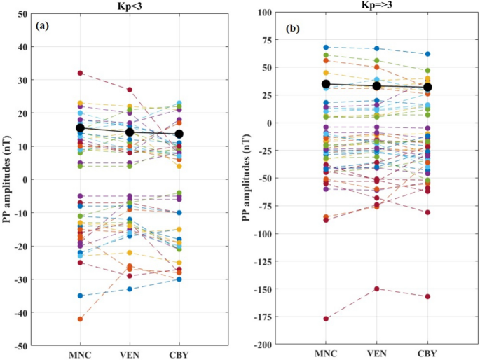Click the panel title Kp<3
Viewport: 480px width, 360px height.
tap(130, 6)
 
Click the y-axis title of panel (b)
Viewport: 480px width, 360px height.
tap(249, 179)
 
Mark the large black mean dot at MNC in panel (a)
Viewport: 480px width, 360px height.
tap(81, 128)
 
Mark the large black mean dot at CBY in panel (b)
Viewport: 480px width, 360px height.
tap(427, 88)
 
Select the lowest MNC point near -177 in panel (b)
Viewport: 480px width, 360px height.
tap(326, 319)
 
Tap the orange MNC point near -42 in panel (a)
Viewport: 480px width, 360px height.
tap(81, 319)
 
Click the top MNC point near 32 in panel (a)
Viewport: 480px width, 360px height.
tap(81, 73)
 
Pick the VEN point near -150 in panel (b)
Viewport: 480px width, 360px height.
tap(377, 289)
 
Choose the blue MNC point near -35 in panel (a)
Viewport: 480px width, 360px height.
tap(81, 296)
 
